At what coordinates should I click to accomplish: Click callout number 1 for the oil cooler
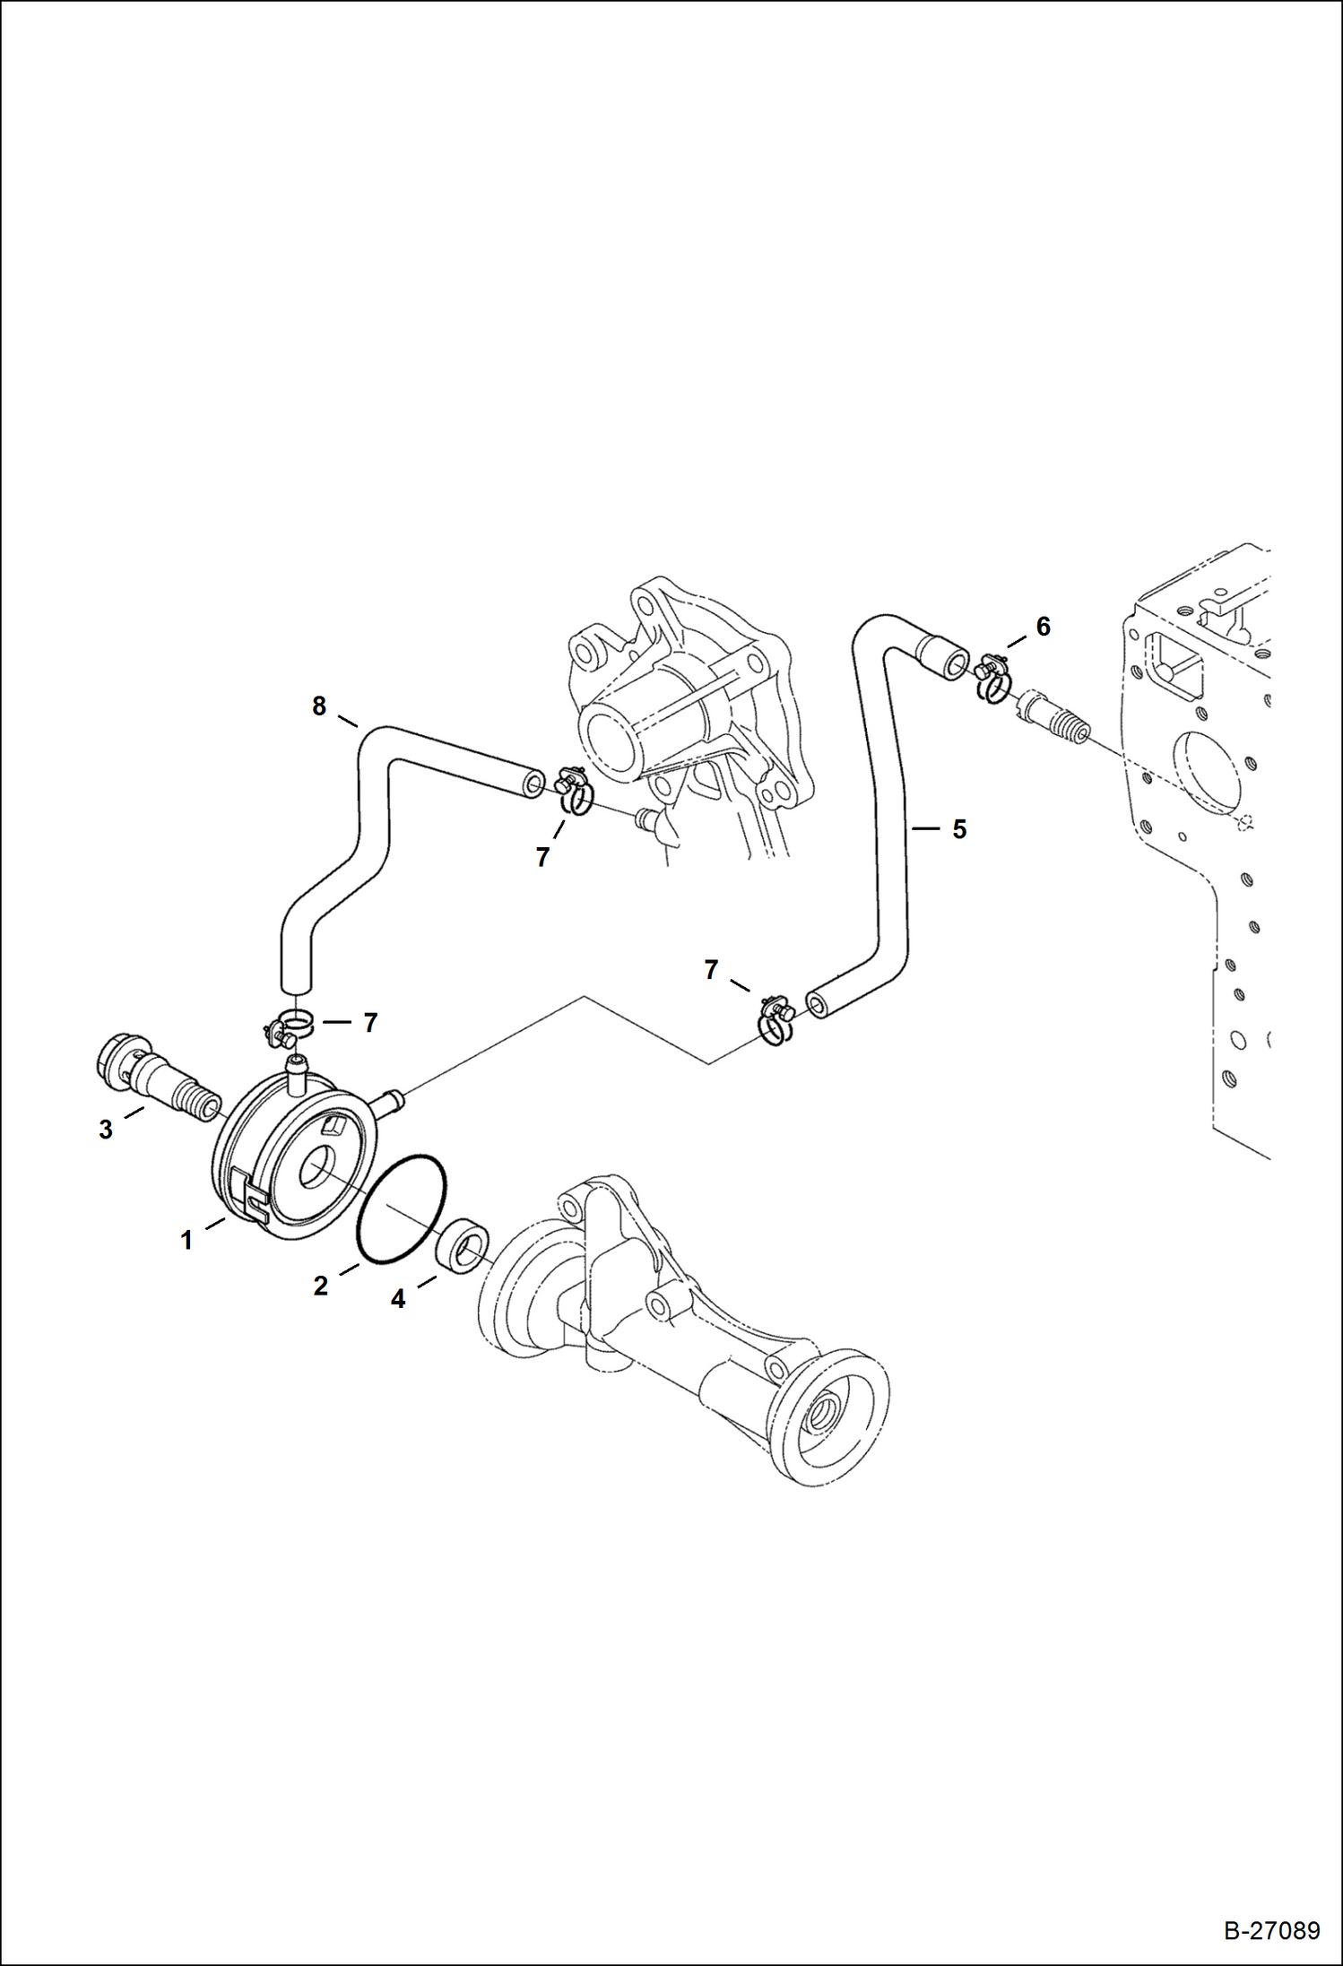tap(186, 1241)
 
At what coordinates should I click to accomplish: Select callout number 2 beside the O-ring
tap(320, 1286)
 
